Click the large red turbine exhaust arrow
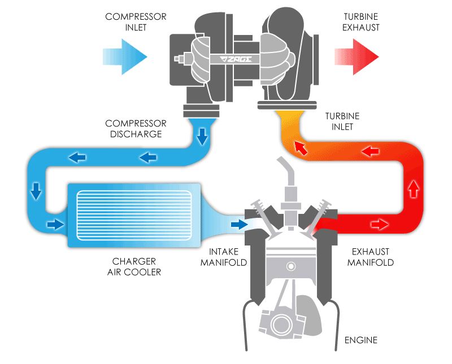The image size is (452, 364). coord(357,56)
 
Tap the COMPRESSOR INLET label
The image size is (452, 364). coord(136,22)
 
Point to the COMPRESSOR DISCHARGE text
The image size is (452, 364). coord(136,129)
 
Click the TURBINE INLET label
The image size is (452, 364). coord(342,121)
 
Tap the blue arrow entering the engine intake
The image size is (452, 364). coord(239,225)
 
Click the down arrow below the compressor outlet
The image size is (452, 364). coord(202,136)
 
